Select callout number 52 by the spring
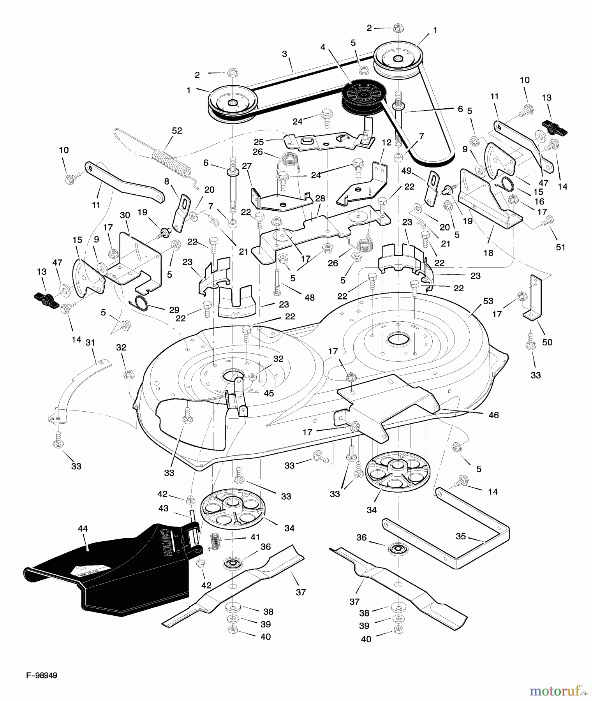(x=177, y=131)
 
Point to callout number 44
(x=83, y=528)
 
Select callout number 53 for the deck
(x=488, y=301)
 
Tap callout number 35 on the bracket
(x=461, y=536)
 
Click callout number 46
(x=493, y=415)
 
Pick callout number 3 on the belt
(x=285, y=54)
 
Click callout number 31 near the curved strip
(x=90, y=343)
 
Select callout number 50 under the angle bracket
(x=547, y=342)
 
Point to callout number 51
(x=560, y=247)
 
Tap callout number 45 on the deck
(x=269, y=393)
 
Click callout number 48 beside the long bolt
(x=310, y=298)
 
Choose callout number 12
(x=386, y=143)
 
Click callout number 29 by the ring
(x=174, y=310)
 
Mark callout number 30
(x=125, y=215)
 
